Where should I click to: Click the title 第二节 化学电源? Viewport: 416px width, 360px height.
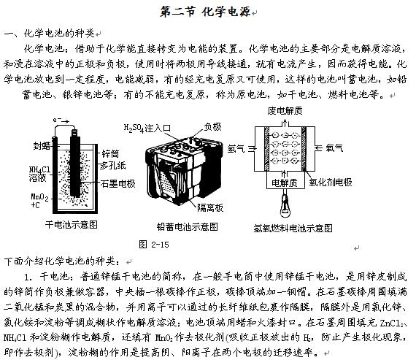[x=205, y=12]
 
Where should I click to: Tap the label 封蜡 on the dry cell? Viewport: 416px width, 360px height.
[x=42, y=145]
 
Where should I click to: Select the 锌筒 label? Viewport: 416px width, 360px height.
[x=110, y=154]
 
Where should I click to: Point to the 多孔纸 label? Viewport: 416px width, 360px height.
[x=112, y=166]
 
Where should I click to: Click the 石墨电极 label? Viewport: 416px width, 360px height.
[x=118, y=183]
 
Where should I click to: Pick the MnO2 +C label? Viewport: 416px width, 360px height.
[x=39, y=201]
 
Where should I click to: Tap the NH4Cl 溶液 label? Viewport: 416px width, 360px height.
[x=39, y=174]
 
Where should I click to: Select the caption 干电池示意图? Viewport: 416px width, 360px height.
[x=72, y=225]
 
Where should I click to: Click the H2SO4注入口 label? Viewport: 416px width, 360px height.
[x=147, y=129]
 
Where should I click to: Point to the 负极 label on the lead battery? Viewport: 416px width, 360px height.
[x=212, y=126]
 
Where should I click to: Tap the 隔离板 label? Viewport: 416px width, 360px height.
[x=210, y=207]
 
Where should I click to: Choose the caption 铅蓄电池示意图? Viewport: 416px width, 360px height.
[x=188, y=226]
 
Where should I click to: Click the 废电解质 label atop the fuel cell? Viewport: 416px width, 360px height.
[x=285, y=111]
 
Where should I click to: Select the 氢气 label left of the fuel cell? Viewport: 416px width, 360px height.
[x=236, y=148]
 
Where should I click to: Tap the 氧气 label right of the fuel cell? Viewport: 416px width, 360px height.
[x=334, y=148]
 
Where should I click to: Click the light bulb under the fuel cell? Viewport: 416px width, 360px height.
[x=285, y=205]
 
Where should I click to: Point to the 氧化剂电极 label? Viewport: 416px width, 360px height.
[x=331, y=182]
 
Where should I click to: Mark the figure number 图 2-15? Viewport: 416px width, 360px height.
[x=154, y=244]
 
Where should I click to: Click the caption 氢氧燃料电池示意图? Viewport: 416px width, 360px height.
[x=293, y=228]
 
